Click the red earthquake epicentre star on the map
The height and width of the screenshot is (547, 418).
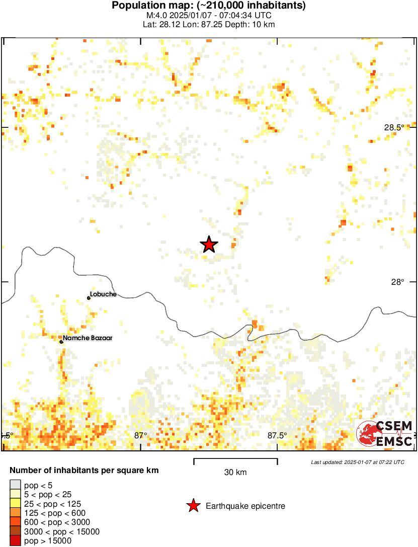click(x=209, y=245)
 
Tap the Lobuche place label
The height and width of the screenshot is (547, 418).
click(x=103, y=294)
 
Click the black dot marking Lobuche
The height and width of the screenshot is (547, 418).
click(x=89, y=298)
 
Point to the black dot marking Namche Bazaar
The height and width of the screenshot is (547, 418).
click(x=61, y=342)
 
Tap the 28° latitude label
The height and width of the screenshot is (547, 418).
click(x=398, y=282)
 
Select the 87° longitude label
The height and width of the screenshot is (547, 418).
click(x=140, y=435)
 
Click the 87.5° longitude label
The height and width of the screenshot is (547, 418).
click(x=277, y=435)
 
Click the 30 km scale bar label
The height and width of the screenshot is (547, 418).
click(x=235, y=472)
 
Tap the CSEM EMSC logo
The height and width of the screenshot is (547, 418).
click(x=385, y=434)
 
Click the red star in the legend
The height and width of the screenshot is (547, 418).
click(x=193, y=506)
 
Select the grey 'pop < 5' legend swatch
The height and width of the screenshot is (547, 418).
click(x=15, y=485)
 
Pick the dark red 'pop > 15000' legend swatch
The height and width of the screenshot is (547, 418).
click(x=15, y=541)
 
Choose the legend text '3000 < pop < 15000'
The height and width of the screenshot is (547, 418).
click(x=61, y=531)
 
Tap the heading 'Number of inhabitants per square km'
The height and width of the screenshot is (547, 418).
click(x=85, y=471)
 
